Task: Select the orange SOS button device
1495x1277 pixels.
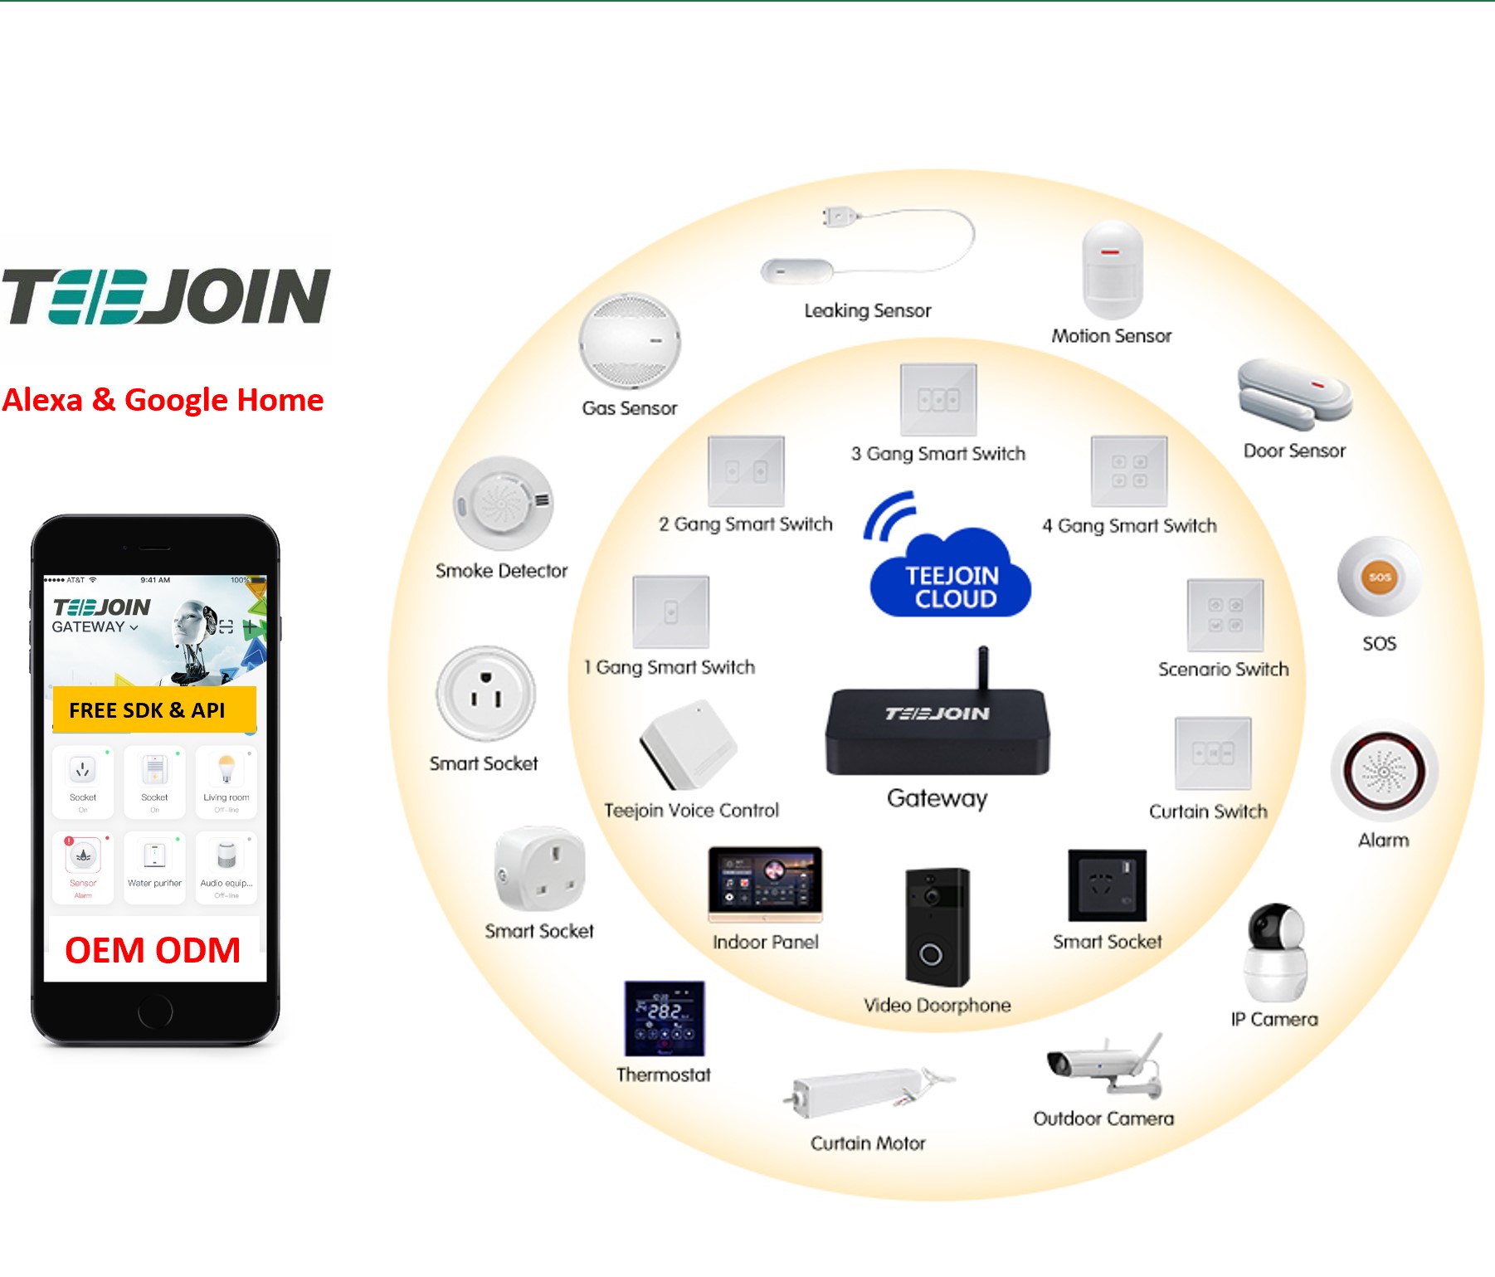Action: click(x=1379, y=577)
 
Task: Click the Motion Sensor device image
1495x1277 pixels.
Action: click(x=1112, y=271)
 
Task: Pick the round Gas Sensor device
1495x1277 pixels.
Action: click(x=630, y=341)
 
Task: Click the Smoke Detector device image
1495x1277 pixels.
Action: click(x=503, y=503)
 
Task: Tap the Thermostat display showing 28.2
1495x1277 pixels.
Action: click(x=665, y=1018)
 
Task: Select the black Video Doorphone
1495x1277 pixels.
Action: click(x=937, y=927)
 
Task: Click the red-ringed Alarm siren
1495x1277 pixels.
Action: click(x=1383, y=772)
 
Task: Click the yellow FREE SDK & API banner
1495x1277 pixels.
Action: click(x=154, y=710)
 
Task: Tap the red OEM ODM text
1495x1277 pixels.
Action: click(x=153, y=951)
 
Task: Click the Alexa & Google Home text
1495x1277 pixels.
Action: click(x=163, y=400)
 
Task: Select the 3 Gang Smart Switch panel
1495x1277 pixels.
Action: click(x=938, y=400)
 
